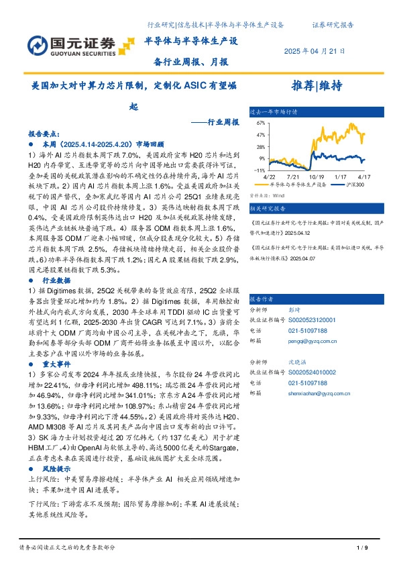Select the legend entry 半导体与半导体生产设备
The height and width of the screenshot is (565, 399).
pos(298,184)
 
